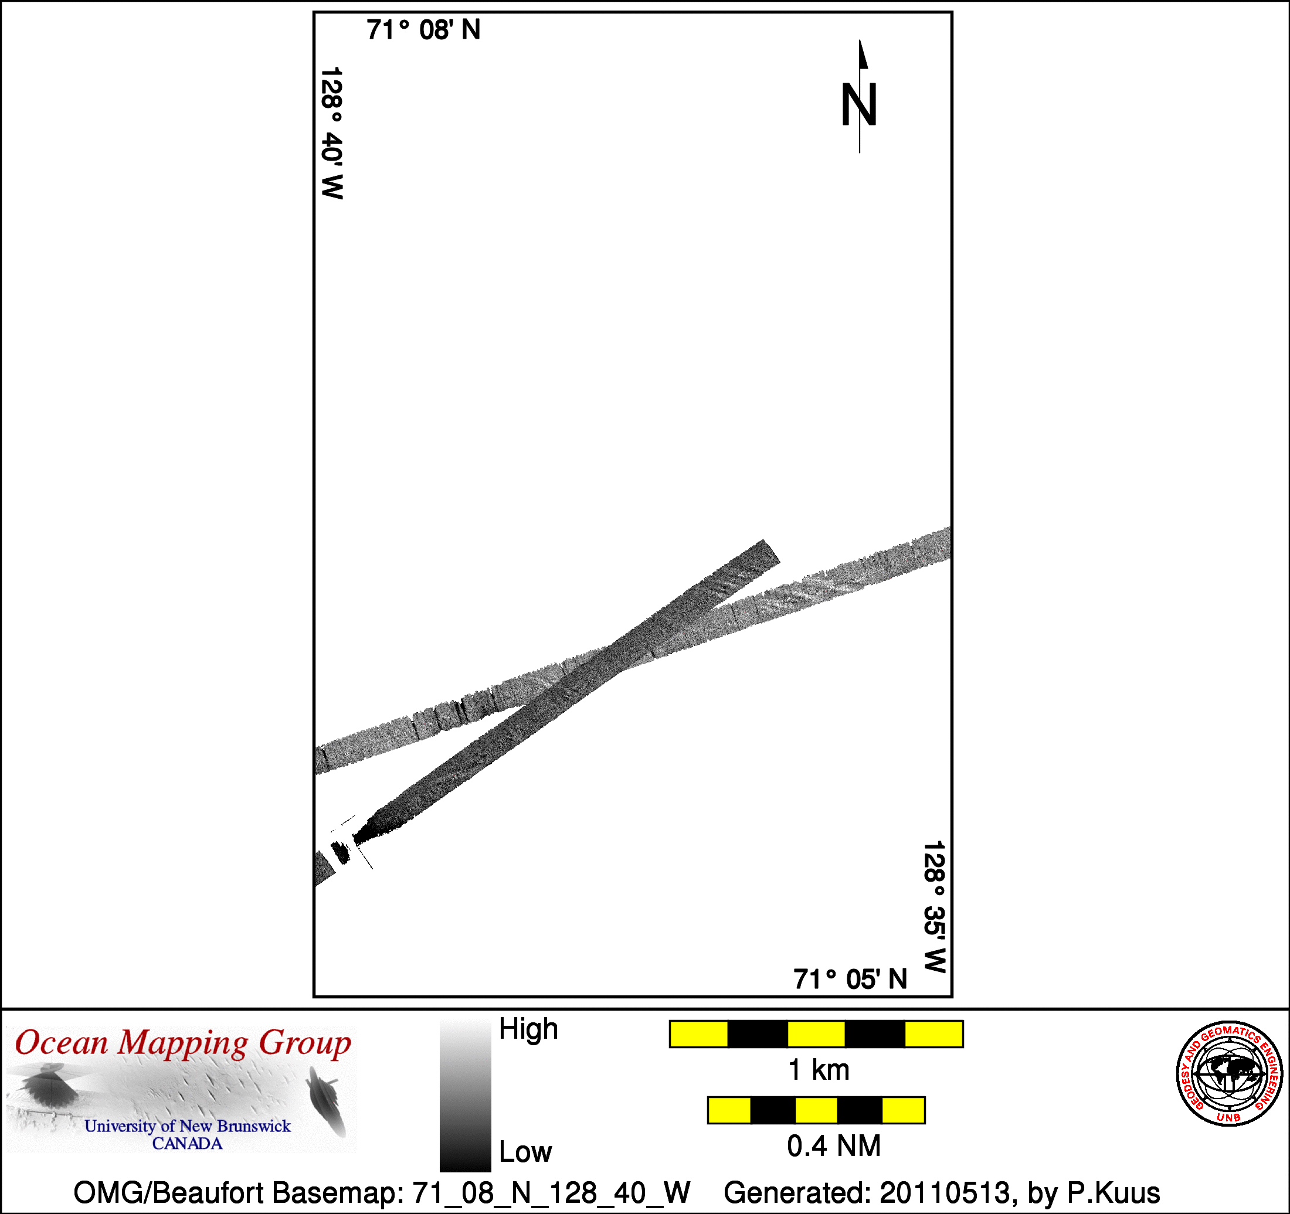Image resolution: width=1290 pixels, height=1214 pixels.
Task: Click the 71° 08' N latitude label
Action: coord(423,30)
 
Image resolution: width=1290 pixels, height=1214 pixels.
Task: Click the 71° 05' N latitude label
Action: coord(850,979)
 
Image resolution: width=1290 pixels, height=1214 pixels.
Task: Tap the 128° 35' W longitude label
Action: coord(935,907)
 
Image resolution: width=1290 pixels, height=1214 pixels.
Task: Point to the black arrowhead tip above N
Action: coord(860,40)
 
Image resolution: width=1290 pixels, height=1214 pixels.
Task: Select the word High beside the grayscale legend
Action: coord(528,1029)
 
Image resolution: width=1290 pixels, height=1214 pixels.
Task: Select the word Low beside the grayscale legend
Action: coord(525,1152)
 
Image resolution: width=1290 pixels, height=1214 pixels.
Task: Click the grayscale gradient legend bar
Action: coord(465,1094)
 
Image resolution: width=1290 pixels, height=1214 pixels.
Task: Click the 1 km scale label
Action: coord(818,1070)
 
